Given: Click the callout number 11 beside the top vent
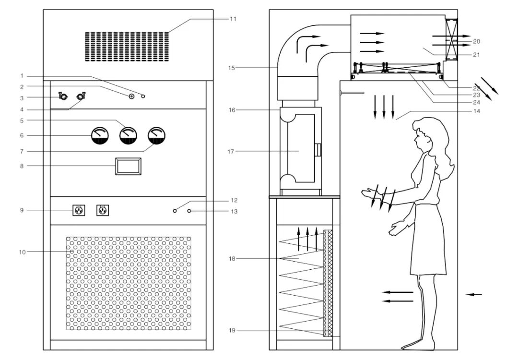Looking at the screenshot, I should tap(233, 19).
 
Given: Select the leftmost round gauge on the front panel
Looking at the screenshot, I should tap(100, 136).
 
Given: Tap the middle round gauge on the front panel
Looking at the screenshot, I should tap(128, 136).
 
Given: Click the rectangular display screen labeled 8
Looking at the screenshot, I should tap(128, 167).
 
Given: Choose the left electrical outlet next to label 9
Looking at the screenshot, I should tap(79, 210).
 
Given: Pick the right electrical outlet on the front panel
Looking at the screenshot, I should tap(102, 210).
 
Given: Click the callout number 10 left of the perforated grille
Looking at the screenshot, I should tap(22, 252).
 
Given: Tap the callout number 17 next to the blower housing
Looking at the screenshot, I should tap(231, 152).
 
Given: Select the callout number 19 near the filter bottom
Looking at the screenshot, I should tap(232, 331).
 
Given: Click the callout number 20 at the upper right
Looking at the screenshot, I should tap(476, 42).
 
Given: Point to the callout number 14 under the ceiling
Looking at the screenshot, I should tap(476, 111).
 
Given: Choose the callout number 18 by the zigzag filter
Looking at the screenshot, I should tap(232, 259).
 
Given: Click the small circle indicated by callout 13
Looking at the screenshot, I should tap(189, 211).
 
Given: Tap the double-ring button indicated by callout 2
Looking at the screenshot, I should tap(131, 96).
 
